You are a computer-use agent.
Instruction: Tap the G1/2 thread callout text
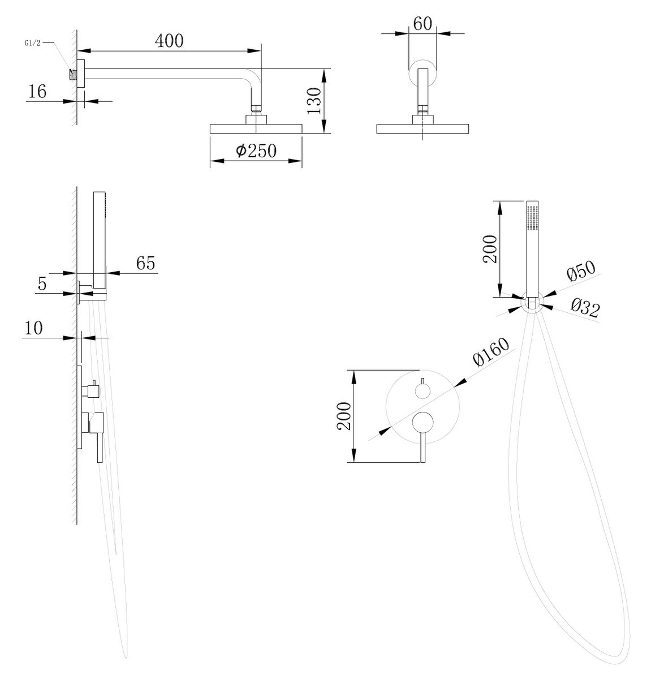pos(32,42)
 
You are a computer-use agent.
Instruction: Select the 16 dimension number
pos(37,92)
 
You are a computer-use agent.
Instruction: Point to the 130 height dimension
pos(315,101)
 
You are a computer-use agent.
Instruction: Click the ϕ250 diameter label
pos(256,151)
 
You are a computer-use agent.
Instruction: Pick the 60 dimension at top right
pos(422,24)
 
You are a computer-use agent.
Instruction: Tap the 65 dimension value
pos(145,263)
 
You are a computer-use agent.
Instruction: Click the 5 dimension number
pos(42,284)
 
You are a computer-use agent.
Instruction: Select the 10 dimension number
pos(34,329)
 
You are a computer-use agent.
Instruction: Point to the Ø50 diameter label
pos(581,273)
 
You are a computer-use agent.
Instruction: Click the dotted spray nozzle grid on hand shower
pos(532,217)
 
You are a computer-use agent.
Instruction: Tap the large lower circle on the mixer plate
pos(422,422)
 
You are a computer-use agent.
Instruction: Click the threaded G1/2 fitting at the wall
pos(72,74)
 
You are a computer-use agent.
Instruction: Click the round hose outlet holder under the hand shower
pos(531,303)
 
